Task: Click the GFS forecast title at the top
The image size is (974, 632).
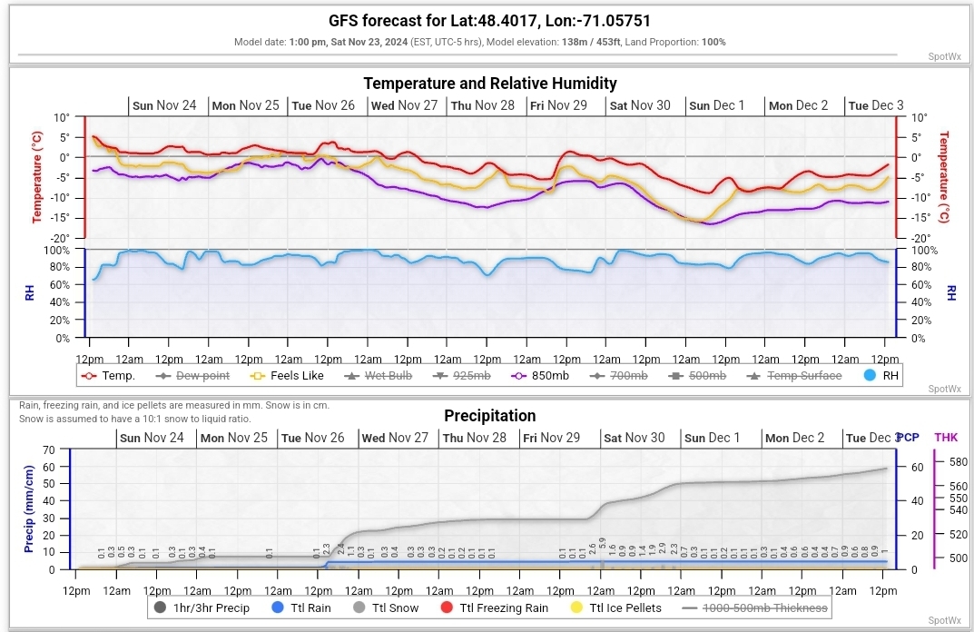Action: point(489,21)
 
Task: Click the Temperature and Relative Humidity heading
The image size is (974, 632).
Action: point(490,84)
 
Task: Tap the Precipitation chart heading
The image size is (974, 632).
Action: point(489,416)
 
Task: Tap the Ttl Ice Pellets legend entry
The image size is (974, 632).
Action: point(616,607)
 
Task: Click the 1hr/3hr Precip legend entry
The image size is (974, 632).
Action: point(205,607)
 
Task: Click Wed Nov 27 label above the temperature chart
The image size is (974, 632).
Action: point(406,105)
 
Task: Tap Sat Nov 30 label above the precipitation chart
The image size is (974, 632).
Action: point(636,438)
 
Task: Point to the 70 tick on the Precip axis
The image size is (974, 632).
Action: point(51,449)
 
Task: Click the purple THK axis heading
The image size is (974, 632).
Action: point(946,437)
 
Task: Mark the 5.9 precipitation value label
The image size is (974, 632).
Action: point(602,543)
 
